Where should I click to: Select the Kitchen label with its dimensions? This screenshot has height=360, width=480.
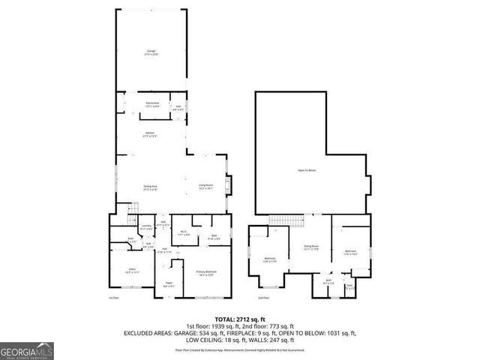pyautogui.click(x=150, y=135)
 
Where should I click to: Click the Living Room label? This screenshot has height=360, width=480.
pyautogui.click(x=206, y=187)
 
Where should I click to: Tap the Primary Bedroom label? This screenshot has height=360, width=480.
pyautogui.click(x=206, y=273)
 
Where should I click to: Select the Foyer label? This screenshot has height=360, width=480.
pyautogui.click(x=169, y=284)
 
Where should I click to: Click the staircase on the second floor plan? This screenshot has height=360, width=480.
pyautogui.click(x=299, y=220)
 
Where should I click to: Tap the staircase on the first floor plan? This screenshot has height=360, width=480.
pyautogui.click(x=134, y=207)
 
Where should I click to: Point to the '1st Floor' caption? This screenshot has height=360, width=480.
pyautogui.click(x=114, y=298)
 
